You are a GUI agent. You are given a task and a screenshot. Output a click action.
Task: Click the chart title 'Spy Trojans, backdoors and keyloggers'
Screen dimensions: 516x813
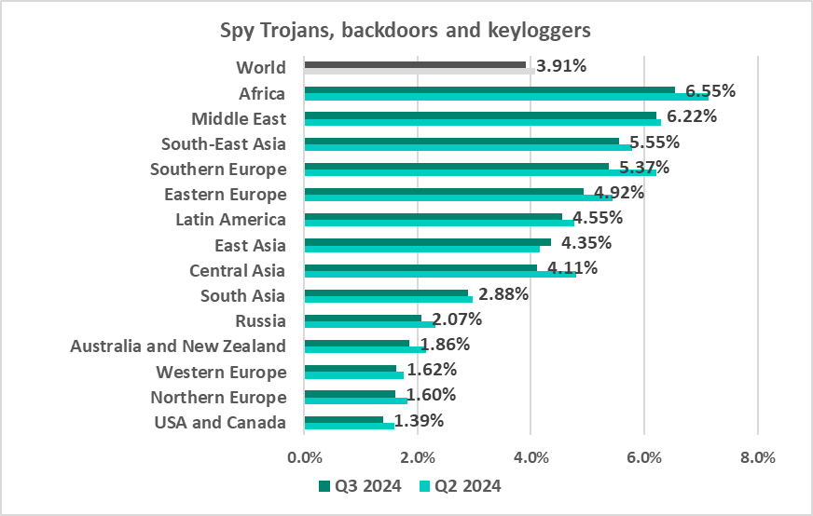(x=406, y=31)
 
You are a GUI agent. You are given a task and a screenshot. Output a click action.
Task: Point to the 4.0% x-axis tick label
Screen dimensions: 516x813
(x=531, y=458)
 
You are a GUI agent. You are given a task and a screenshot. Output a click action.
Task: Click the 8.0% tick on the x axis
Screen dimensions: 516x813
(x=757, y=458)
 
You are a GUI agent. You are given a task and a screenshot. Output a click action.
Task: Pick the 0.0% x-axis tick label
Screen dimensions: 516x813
(x=305, y=458)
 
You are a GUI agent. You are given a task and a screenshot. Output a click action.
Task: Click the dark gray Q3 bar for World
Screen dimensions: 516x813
(x=415, y=64)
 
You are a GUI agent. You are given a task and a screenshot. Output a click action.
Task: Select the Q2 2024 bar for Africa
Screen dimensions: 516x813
(x=506, y=97)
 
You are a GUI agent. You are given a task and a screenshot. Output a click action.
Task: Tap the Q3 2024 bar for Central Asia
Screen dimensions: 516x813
(x=420, y=267)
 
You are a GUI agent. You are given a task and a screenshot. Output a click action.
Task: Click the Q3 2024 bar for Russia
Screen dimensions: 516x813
(x=363, y=319)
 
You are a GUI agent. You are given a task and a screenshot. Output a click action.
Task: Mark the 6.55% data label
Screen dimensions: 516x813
(x=710, y=91)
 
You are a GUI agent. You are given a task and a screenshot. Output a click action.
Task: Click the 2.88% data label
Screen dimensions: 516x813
(x=503, y=295)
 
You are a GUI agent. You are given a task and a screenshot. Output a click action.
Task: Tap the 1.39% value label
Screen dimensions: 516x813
(x=419, y=421)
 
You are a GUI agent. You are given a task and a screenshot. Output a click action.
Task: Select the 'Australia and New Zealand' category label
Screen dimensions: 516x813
(x=178, y=346)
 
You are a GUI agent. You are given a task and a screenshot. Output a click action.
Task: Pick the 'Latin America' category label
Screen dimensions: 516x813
(x=230, y=220)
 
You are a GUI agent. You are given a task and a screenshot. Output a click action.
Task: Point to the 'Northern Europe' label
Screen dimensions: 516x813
(x=218, y=398)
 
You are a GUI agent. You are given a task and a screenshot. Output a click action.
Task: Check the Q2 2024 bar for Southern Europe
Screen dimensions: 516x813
(x=480, y=172)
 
